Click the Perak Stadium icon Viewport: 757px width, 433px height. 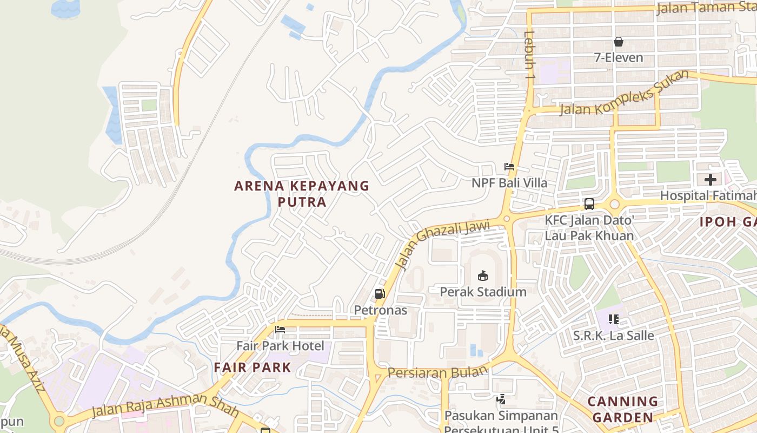click(x=482, y=275)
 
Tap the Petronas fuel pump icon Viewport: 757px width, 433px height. click(x=380, y=294)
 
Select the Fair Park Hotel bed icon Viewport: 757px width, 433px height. click(x=280, y=330)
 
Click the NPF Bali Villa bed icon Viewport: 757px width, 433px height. click(x=509, y=167)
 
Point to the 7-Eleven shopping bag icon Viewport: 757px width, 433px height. click(x=619, y=42)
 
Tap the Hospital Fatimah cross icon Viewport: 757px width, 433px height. click(x=710, y=179)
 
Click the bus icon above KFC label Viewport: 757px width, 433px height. click(x=589, y=204)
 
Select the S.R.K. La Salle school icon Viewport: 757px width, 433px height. click(x=613, y=319)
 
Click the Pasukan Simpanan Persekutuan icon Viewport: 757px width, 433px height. click(x=501, y=399)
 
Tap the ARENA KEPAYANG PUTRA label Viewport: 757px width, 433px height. click(x=302, y=194)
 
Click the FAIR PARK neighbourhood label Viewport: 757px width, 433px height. click(x=253, y=368)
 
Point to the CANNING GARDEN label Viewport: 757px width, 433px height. click(x=622, y=409)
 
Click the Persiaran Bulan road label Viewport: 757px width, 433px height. click(x=438, y=372)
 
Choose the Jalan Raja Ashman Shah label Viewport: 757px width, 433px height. click(x=165, y=404)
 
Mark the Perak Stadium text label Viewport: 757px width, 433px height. click(x=483, y=292)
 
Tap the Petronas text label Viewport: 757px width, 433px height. click(x=380, y=311)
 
